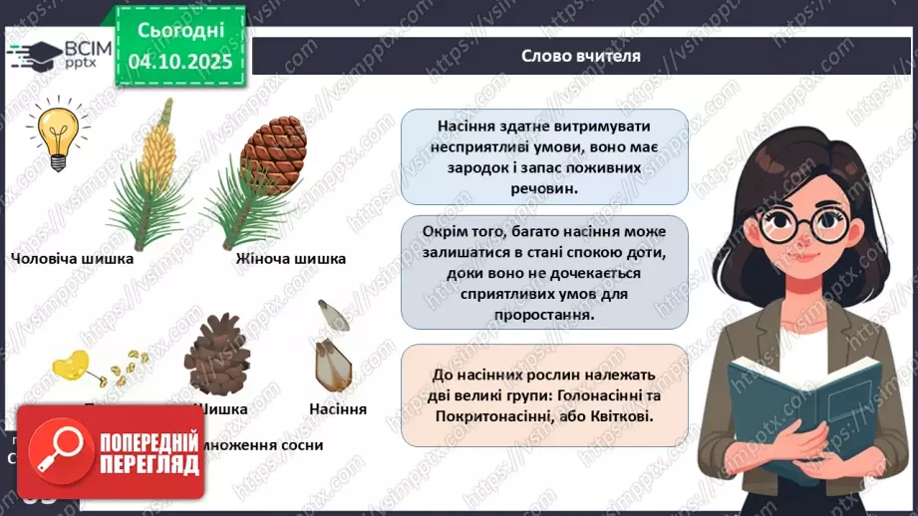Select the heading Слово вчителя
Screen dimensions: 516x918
click(x=580, y=56)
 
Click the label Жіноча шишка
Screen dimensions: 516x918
click(x=291, y=259)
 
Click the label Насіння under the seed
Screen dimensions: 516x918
click(x=338, y=408)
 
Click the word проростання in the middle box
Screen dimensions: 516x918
click(x=544, y=314)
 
